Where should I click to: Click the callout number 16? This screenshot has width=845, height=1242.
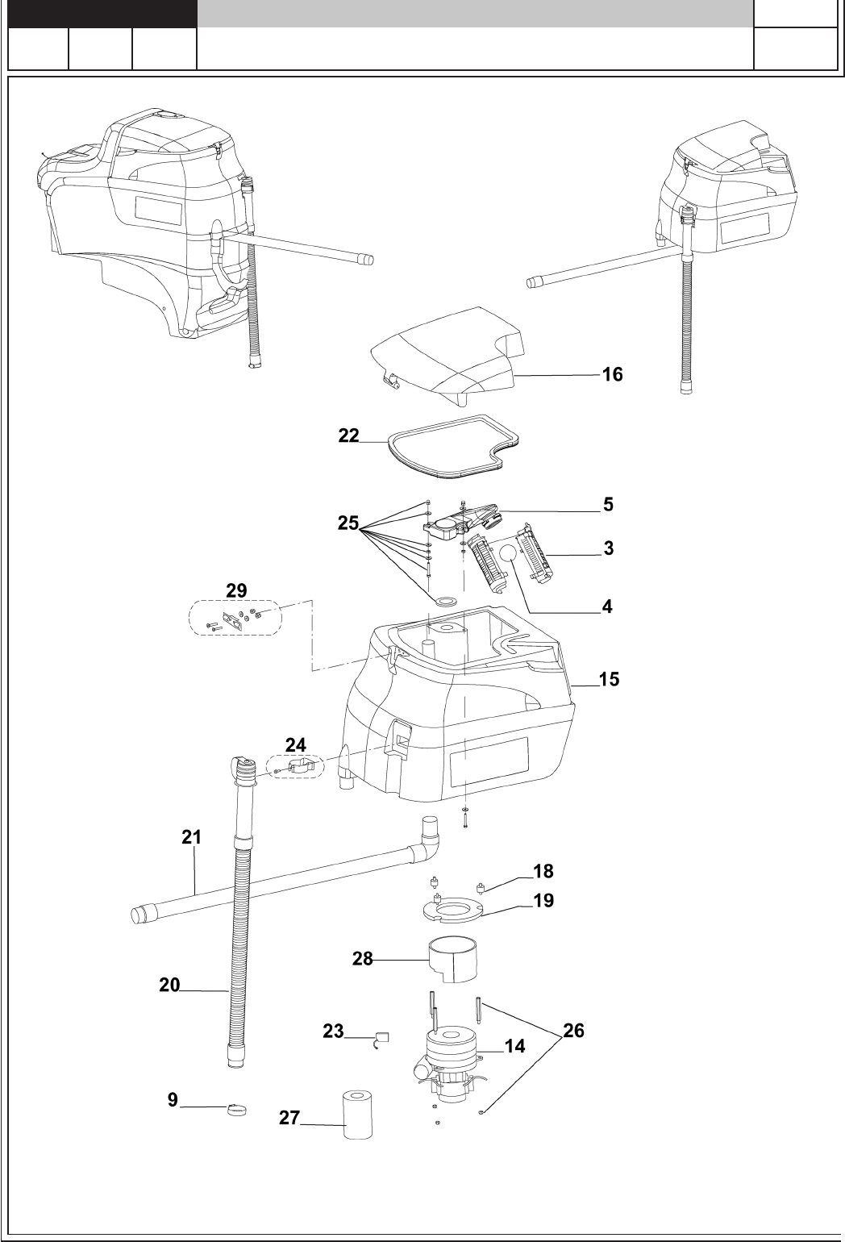(x=612, y=375)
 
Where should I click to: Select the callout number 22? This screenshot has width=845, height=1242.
(x=348, y=435)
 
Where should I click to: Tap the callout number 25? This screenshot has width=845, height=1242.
(x=348, y=523)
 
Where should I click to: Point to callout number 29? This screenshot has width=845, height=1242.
(x=236, y=591)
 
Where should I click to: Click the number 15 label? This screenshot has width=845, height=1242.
(x=609, y=679)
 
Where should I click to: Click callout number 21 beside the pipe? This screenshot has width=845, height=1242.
(x=190, y=838)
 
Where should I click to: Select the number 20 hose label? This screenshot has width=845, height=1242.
(x=169, y=984)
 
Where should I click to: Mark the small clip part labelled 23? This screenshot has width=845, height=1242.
(x=382, y=1038)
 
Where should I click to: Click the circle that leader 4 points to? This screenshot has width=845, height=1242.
(x=510, y=554)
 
